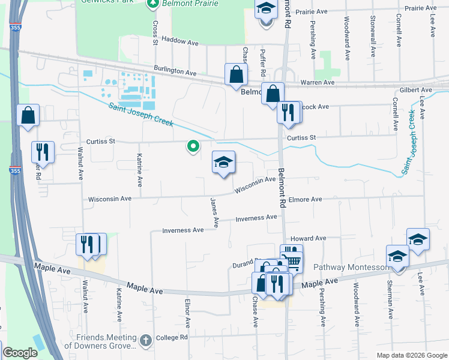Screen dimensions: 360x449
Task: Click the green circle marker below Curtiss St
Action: click(193, 146)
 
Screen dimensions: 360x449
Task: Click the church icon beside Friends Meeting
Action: click(145, 341)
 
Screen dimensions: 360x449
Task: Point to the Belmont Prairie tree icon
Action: click(153, 2)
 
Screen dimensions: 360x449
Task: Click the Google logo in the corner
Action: click(20, 353)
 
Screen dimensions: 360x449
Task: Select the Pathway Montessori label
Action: click(352, 267)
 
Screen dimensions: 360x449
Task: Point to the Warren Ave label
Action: click(317, 82)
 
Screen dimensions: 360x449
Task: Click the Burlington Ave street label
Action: click(175, 71)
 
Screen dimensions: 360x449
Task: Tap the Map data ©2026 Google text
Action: click(411, 355)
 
